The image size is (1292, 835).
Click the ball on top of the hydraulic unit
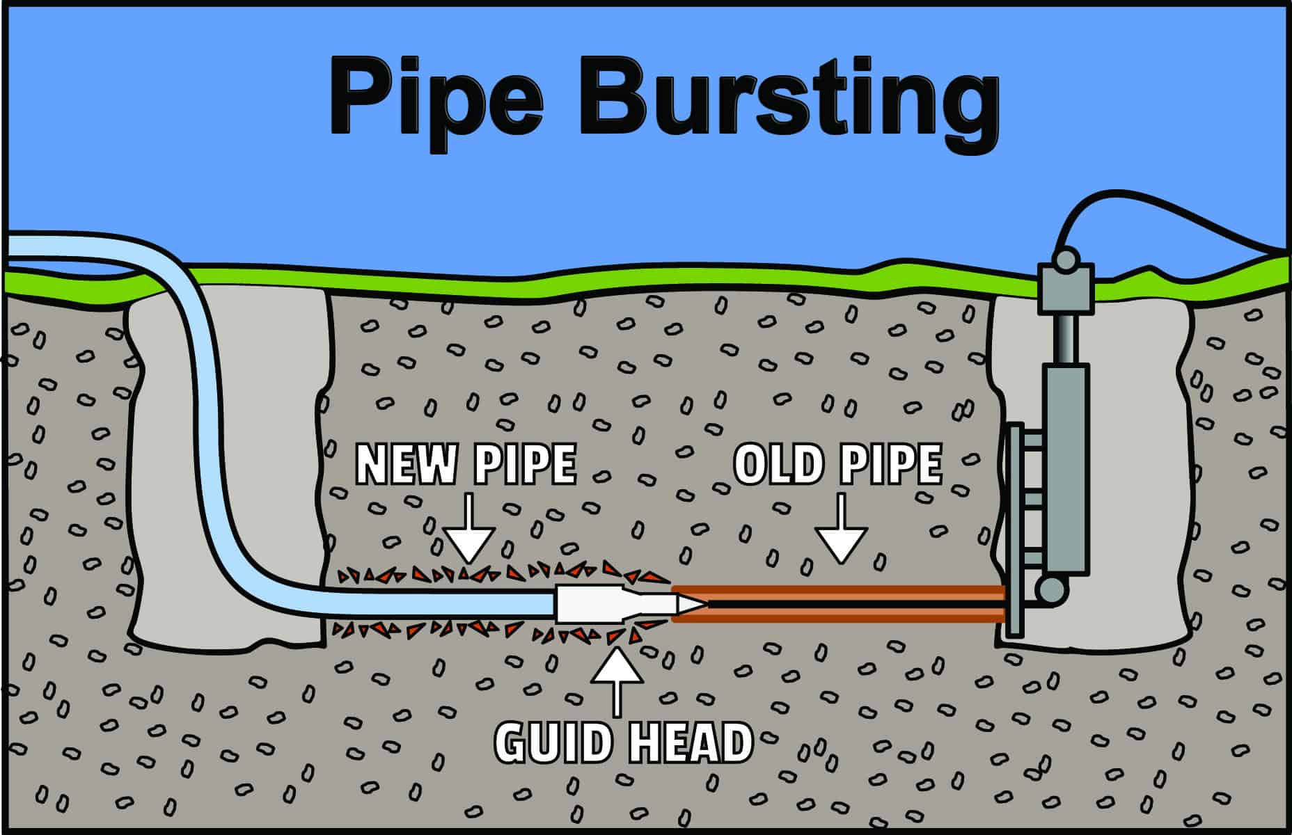[1064, 260]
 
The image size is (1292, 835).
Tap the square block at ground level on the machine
[1064, 289]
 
